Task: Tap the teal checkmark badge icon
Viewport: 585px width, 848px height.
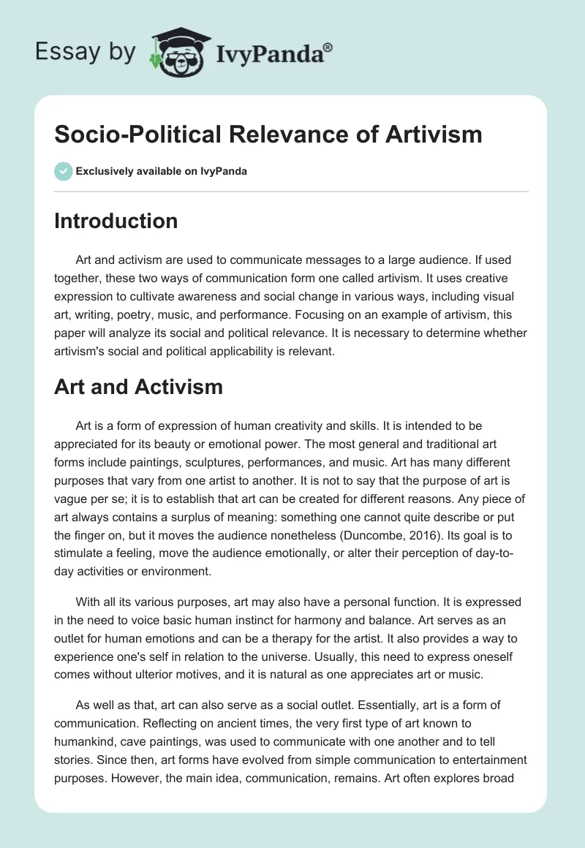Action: coord(63,171)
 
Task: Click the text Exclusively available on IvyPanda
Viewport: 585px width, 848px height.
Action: coord(162,172)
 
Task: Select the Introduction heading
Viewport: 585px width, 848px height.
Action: coord(116,221)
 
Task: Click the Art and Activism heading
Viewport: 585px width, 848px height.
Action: coord(138,387)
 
